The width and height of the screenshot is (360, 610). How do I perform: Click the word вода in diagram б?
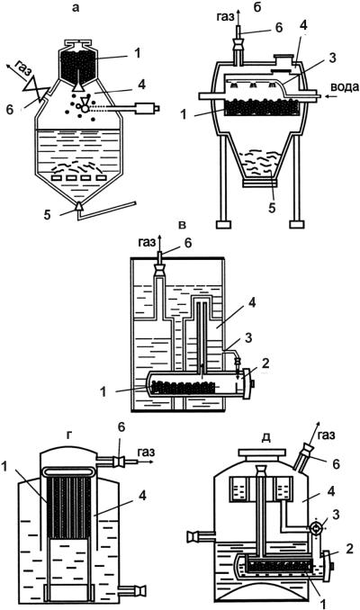pyautogui.click(x=346, y=87)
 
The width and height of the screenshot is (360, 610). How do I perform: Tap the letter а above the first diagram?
pyautogui.click(x=76, y=8)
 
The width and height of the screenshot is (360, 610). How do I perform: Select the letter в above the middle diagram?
pyautogui.click(x=183, y=225)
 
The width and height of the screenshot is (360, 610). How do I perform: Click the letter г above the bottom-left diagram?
pyautogui.click(x=69, y=435)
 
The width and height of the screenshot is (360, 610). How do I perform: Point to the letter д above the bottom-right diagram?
pyautogui.click(x=266, y=437)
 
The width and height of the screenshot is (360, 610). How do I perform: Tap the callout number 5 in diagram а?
pyautogui.click(x=47, y=215)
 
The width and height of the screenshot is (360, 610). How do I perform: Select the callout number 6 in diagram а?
pyautogui.click(x=10, y=110)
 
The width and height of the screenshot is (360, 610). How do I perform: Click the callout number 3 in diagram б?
pyautogui.click(x=332, y=58)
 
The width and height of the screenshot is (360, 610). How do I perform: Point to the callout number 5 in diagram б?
pyautogui.click(x=272, y=208)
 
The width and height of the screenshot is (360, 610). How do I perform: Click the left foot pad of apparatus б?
pyautogui.click(x=224, y=225)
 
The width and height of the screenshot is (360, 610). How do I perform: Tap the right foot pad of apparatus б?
pyautogui.click(x=297, y=225)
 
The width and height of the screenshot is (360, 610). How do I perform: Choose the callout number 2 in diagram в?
pyautogui.click(x=265, y=363)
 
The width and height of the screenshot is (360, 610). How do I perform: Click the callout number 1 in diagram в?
pyautogui.click(x=103, y=391)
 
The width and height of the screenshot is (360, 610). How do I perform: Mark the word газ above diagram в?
pyautogui.click(x=146, y=243)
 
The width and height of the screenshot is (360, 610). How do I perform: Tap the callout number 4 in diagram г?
pyautogui.click(x=142, y=496)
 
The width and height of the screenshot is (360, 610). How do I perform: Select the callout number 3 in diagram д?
pyautogui.click(x=337, y=515)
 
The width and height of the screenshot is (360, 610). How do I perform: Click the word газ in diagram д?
pyautogui.click(x=326, y=435)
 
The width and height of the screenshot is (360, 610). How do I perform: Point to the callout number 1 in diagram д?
pyautogui.click(x=322, y=604)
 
